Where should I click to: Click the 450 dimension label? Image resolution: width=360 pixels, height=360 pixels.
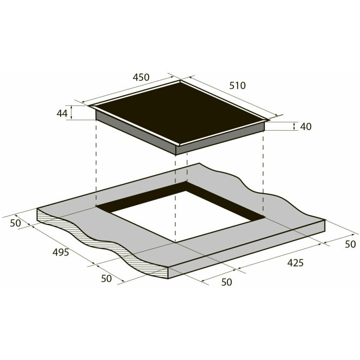pos(141,77)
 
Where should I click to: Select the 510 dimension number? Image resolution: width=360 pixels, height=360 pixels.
pos(238,86)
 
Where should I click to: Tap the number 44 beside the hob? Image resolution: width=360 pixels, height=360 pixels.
pos(62,114)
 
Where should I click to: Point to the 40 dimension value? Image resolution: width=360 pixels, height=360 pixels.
pos(305,127)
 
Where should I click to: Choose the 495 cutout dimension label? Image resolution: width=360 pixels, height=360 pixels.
pos(61,253)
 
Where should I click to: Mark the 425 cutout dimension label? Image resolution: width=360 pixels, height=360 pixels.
pos(295,263)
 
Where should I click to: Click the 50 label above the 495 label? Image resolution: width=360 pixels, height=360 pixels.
pos(15,223)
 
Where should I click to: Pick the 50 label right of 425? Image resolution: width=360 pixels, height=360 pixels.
pos(350,244)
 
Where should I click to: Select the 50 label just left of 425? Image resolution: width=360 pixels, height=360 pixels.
pos(227,282)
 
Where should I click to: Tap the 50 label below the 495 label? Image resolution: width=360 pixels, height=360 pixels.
pos(106,279)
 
